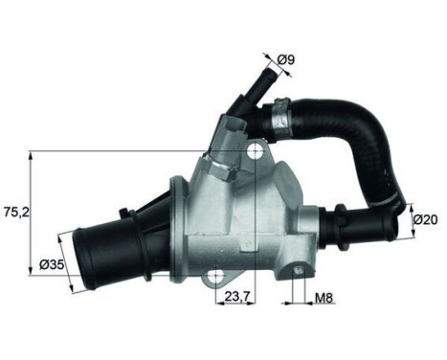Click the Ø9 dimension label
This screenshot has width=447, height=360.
[x=284, y=62]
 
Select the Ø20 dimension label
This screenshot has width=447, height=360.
[x=425, y=219]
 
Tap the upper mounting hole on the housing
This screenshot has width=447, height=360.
[x=254, y=152]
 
